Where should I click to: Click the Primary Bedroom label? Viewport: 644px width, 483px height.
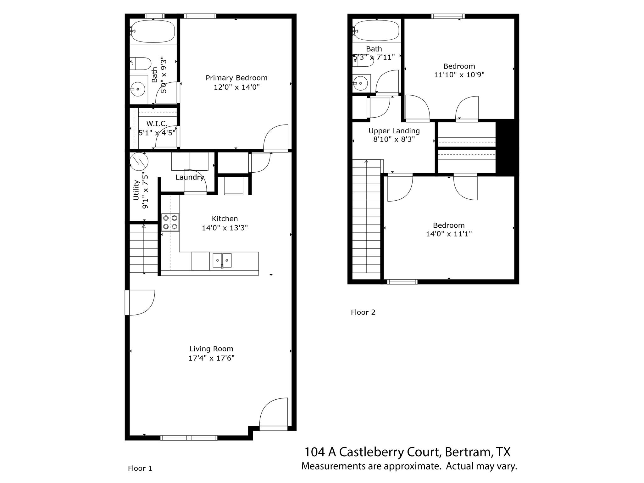pos(236,78)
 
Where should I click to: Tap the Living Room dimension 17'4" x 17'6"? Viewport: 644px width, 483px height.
pos(211,358)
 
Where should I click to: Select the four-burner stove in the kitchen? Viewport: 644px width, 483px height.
pos(170,222)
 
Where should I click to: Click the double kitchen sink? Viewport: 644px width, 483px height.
pos(222,260)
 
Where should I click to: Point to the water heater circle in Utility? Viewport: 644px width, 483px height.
pos(139,161)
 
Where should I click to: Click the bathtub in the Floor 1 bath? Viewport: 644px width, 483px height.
pos(153,31)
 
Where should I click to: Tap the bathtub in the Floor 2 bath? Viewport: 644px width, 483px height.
pos(377,31)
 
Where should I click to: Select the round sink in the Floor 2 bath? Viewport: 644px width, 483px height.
pos(361,83)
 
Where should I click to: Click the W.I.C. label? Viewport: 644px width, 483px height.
pos(157,124)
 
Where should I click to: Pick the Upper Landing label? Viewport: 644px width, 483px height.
pos(394,131)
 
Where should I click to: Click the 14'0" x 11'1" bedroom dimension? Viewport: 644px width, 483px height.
pos(449,234)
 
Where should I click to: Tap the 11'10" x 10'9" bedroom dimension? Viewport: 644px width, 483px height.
pos(459,75)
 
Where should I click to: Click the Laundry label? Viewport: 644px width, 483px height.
pos(190,177)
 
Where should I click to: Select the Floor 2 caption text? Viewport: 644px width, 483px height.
pos(363,312)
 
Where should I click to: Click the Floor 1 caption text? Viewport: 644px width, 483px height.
pos(140,468)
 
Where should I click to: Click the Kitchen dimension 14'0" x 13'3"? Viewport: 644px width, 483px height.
pos(225,228)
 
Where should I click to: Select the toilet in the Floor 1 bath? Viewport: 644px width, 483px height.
pos(141,64)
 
